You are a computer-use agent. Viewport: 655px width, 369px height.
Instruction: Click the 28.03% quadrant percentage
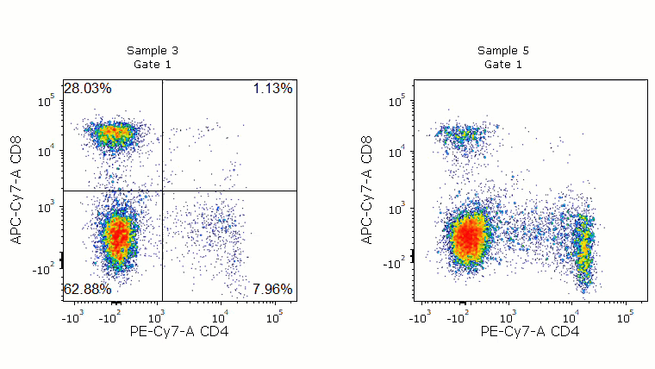pos(87,89)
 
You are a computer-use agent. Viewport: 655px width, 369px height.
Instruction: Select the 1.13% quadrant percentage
pos(273,89)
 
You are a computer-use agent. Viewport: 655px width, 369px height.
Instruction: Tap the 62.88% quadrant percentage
pos(87,289)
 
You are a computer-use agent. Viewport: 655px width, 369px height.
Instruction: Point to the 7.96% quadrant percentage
pos(273,289)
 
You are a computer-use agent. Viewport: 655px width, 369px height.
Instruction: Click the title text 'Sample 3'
pos(153,51)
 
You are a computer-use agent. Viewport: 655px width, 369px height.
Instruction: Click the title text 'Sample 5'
pos(503,51)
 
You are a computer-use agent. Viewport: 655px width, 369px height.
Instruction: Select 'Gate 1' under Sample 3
pos(153,65)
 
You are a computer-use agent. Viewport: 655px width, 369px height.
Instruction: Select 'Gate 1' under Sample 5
pos(503,65)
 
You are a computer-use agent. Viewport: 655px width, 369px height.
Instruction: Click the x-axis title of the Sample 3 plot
pos(179,331)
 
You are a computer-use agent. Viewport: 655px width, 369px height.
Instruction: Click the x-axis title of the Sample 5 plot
pos(530,331)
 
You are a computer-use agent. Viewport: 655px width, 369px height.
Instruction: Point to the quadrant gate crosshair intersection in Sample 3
pos(162,191)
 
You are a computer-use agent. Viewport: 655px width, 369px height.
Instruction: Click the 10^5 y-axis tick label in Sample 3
pos(47,101)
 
